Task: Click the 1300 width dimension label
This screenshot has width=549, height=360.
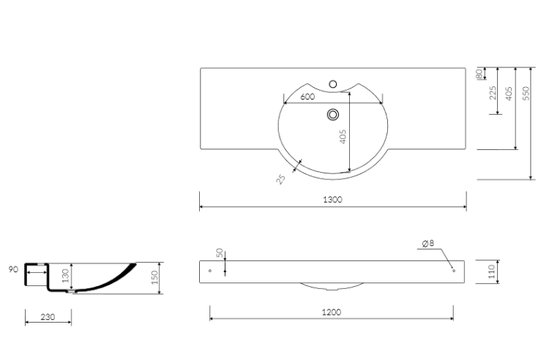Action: (332, 200)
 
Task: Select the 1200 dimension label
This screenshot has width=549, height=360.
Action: (331, 312)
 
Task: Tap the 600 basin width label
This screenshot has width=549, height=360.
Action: (307, 97)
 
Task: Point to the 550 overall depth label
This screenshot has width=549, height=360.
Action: (526, 94)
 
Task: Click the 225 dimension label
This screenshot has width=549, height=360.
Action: (493, 93)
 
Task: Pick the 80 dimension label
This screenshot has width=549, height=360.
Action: (479, 73)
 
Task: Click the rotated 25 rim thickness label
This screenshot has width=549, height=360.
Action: (280, 179)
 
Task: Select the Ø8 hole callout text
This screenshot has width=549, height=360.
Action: (428, 243)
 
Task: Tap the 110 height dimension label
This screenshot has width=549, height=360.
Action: (491, 271)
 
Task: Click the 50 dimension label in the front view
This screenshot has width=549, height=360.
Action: (220, 252)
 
